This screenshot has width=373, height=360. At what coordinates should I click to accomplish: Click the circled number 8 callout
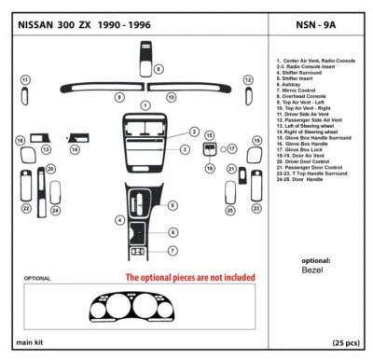(x=159, y=70)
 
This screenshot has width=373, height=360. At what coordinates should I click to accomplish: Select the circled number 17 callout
(x=232, y=148)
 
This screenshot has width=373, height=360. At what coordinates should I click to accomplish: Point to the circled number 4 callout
(x=119, y=220)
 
